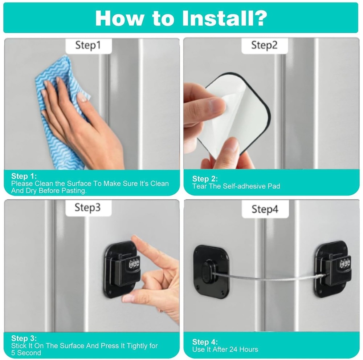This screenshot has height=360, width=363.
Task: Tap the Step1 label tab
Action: pyautogui.click(x=88, y=45)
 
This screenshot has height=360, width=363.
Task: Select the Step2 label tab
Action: pyautogui.click(x=264, y=45)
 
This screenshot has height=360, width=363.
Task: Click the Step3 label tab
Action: pyautogui.click(x=88, y=207)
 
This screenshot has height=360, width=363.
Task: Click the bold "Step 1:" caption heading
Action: pyautogui.click(x=24, y=176)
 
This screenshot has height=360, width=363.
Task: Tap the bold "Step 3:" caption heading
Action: pyautogui.click(x=24, y=339)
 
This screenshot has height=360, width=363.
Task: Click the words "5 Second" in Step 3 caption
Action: pyautogui.click(x=26, y=353)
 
